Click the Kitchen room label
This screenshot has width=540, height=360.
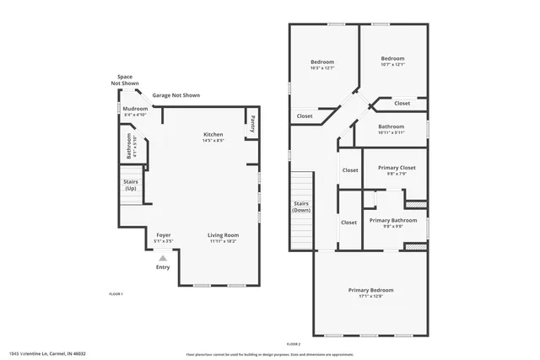point(213,135)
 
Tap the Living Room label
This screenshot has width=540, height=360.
point(224,235)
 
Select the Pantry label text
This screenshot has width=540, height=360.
point(251,124)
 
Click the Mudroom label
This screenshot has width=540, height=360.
point(136,109)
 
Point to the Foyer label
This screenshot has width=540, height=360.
point(163,235)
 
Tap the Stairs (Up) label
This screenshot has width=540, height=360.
point(131,185)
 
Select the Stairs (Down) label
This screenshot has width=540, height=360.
point(301,207)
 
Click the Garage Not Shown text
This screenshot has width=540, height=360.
point(175,96)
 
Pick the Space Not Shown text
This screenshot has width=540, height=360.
point(125,80)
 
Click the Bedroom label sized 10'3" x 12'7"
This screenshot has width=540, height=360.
point(321,62)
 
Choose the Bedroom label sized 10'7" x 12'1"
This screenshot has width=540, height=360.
point(393,59)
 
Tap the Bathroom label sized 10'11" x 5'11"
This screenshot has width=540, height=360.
point(391,126)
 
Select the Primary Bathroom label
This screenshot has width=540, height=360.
point(394,220)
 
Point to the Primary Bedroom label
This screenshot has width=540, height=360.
point(370,290)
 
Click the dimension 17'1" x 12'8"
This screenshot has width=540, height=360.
point(370,297)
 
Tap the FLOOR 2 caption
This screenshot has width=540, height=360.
point(293,344)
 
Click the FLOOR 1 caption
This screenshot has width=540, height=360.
point(116,293)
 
